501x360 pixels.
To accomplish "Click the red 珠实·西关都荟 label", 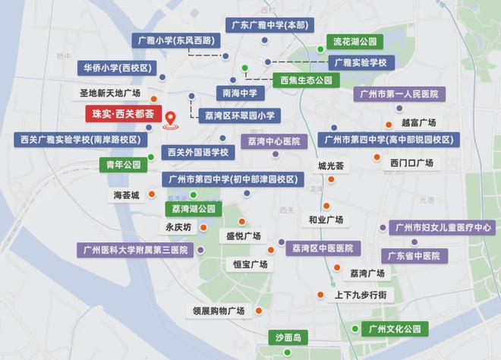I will [x=123, y=115].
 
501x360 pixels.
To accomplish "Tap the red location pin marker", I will [x=171, y=120].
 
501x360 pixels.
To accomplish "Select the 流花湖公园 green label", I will [x=354, y=42].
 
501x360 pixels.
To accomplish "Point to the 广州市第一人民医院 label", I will [x=400, y=94].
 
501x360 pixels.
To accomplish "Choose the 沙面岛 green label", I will [x=288, y=336].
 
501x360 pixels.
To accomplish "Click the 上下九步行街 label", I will [x=360, y=295].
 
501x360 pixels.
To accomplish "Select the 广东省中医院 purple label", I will [x=414, y=256].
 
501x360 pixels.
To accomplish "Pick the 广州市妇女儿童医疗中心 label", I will [x=443, y=227].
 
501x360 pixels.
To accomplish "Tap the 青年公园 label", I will [x=121, y=164].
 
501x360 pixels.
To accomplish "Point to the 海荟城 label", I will [x=127, y=196].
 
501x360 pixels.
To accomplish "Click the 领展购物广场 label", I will [x=218, y=311].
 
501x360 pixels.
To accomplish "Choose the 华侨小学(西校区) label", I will [x=116, y=68].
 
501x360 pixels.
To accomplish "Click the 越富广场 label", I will [x=418, y=122].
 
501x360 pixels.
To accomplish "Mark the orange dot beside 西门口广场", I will [x=377, y=157].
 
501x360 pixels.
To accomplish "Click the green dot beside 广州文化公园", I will [x=355, y=328].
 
